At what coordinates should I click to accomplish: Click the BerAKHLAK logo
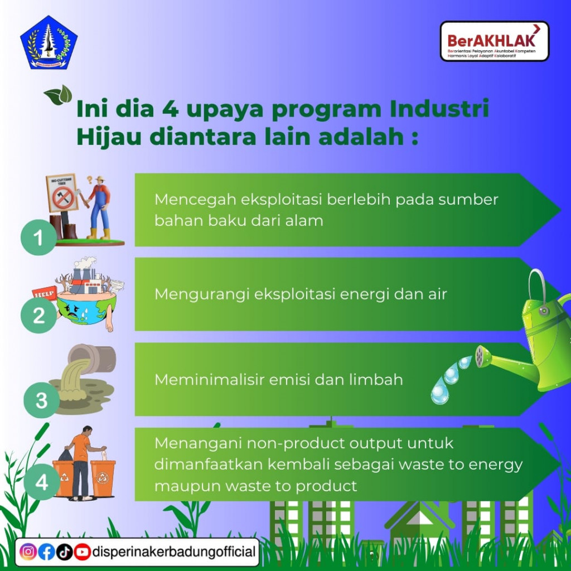tap(494, 41)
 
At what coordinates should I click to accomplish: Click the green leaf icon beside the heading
tap(59, 95)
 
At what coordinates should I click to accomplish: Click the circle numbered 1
tap(38, 238)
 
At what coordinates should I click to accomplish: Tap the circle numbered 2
tap(38, 316)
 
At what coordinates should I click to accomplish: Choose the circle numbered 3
tap(41, 400)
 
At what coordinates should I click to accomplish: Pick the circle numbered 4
tap(42, 482)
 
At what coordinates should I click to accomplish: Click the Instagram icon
tap(28, 552)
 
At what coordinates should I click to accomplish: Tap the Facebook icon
tap(46, 552)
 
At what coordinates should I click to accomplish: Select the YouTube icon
tap(82, 552)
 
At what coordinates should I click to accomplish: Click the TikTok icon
tap(64, 552)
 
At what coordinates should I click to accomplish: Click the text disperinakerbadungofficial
tap(173, 552)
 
